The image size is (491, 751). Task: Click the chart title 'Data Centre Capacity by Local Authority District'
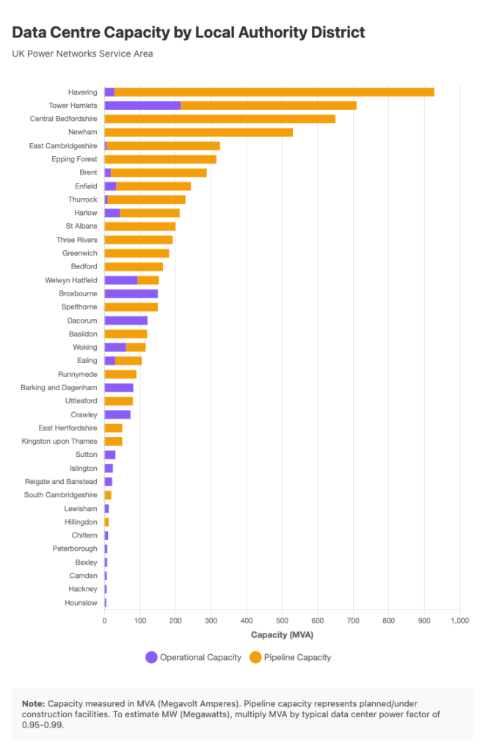point(189,32)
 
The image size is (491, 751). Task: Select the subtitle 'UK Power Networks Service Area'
point(82,54)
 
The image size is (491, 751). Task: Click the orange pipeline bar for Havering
point(274,92)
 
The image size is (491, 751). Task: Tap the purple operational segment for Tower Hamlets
point(142,106)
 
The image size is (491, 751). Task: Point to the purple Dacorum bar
point(126,320)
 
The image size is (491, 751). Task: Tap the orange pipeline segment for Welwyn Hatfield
point(148,280)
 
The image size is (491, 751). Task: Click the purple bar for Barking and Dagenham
point(119,387)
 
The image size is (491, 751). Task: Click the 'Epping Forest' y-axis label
point(74,159)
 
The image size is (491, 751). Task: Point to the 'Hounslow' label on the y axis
point(81,603)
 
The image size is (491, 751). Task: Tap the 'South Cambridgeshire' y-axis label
point(60,495)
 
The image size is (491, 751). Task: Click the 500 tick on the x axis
point(282,620)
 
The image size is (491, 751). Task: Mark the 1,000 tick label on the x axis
point(459,620)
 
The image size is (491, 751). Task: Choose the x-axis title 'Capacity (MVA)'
point(282,634)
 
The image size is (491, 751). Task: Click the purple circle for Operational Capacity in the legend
point(151,657)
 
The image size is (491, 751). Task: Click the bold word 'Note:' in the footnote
point(34,703)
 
